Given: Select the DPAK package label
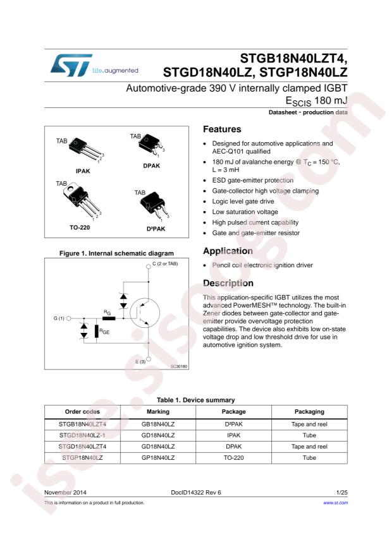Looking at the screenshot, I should coord(151,166).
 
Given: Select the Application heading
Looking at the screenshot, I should coord(227,251).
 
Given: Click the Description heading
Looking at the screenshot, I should coord(228,283).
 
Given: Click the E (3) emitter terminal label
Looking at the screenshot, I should coord(140,361).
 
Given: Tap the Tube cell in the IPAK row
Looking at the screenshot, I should coord(309,435).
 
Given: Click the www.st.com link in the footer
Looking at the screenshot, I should coord(336,502).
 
